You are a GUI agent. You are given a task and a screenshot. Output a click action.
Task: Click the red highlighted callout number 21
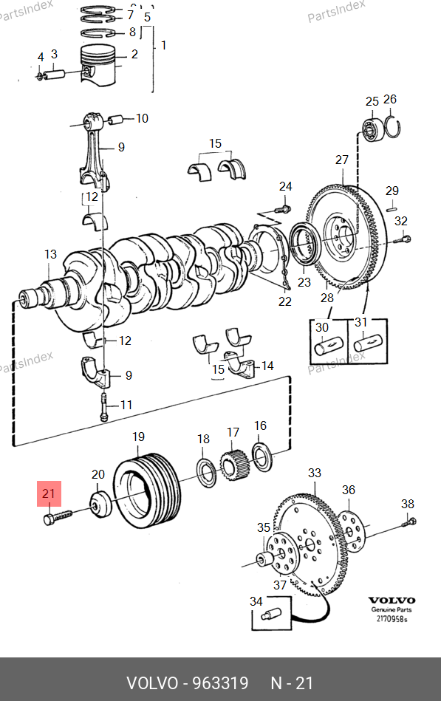(x=48, y=493)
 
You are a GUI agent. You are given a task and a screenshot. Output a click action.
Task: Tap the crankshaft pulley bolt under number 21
(x=58, y=517)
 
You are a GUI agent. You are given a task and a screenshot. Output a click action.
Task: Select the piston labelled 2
(x=98, y=65)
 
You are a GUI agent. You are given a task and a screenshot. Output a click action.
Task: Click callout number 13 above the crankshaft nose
(x=50, y=254)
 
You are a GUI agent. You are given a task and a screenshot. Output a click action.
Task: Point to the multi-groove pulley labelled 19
(x=147, y=490)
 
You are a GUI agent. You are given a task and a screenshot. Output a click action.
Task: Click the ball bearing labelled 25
(x=372, y=129)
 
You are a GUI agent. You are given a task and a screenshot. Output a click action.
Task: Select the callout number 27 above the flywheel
(x=342, y=160)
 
